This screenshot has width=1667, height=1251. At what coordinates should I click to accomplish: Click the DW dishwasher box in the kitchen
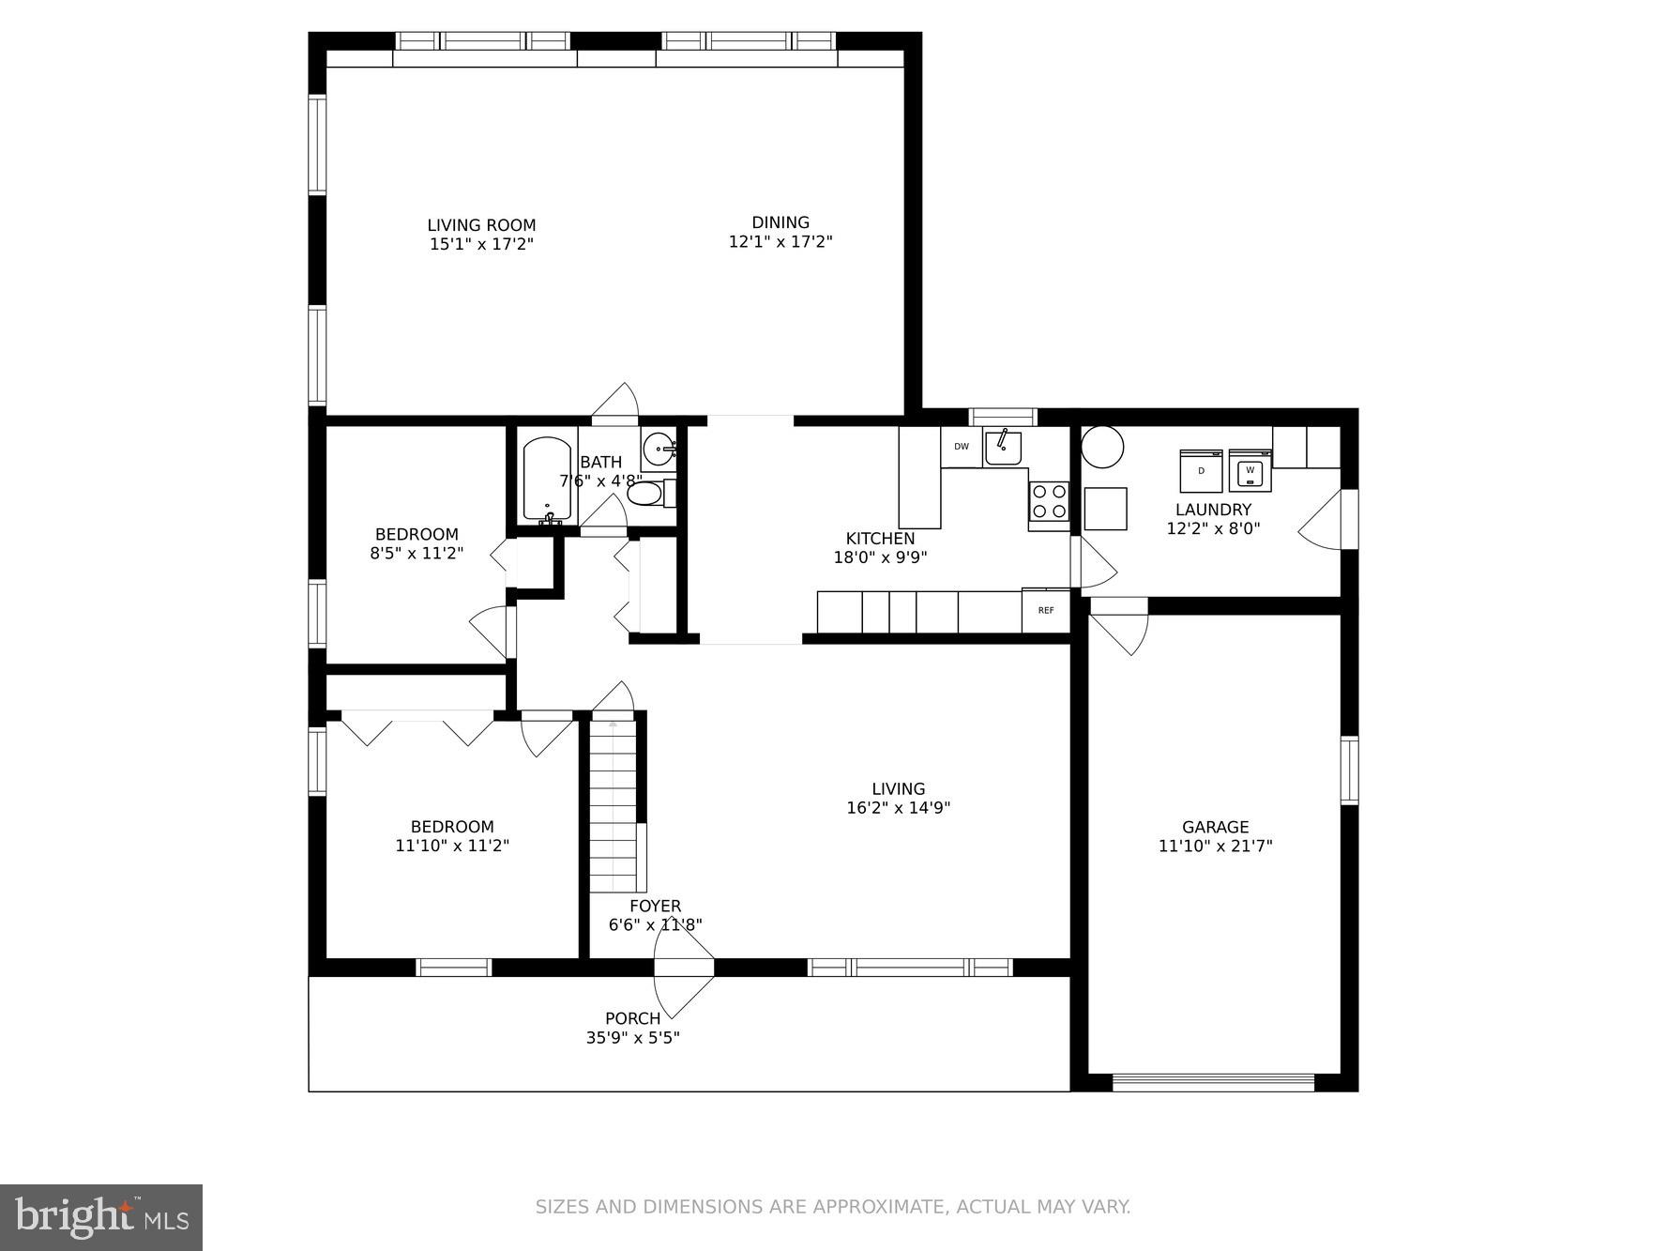click(x=962, y=447)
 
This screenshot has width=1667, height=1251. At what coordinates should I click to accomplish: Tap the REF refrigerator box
click(x=1045, y=611)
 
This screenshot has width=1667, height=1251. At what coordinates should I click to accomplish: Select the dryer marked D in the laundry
click(x=1201, y=471)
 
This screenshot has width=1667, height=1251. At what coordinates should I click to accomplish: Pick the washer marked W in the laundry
click(x=1250, y=470)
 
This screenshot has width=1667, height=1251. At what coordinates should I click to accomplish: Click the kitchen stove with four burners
click(x=1049, y=501)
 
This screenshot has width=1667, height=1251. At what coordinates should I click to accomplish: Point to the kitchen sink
click(x=1003, y=448)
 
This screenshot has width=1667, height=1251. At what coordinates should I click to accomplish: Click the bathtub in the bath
click(x=546, y=479)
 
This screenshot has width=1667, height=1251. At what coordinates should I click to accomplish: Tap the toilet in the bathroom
click(x=646, y=493)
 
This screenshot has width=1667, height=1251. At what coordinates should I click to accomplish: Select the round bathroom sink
click(x=659, y=448)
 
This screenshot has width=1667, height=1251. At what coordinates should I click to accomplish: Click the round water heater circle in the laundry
click(x=1102, y=447)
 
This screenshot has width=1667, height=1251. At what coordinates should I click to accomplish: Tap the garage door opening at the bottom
click(x=1214, y=1082)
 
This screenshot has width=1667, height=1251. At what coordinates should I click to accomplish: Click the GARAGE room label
click(x=1215, y=827)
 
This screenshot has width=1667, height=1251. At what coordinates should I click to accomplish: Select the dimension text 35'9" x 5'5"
click(x=632, y=1038)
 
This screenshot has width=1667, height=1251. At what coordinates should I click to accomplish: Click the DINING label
click(x=780, y=222)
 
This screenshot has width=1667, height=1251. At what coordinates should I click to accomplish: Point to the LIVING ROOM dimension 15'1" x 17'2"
click(x=481, y=244)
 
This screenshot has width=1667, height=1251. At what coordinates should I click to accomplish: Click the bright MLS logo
click(x=101, y=1218)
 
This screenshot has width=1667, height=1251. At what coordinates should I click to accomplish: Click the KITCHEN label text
click(x=880, y=539)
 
